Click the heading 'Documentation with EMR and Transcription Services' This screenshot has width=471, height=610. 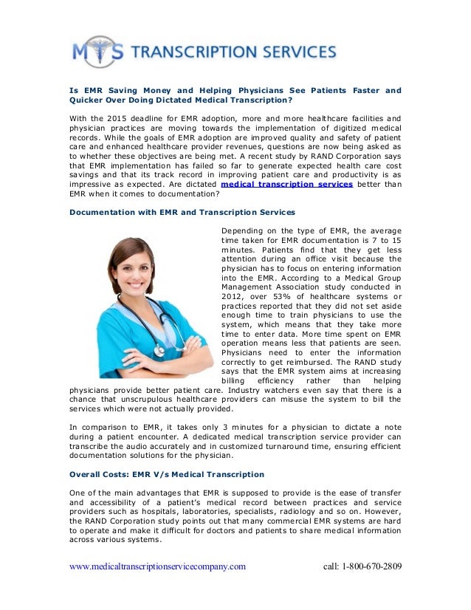coord(182,211)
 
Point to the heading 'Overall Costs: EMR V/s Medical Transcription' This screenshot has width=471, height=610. coord(166,473)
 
